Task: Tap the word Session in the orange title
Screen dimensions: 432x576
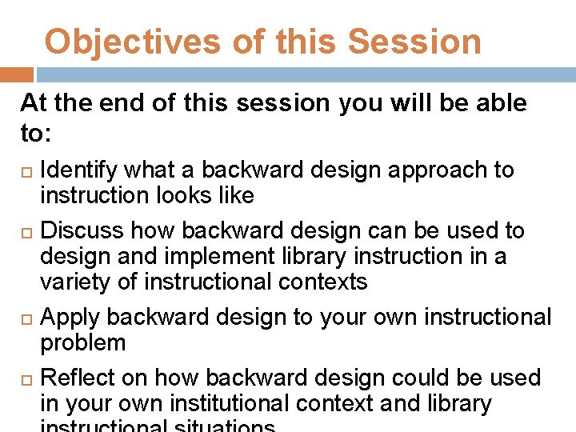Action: click(x=414, y=42)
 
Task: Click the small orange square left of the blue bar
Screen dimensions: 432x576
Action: click(x=16, y=74)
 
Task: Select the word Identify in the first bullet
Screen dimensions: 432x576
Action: click(x=77, y=170)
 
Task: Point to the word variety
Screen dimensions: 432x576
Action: click(x=74, y=282)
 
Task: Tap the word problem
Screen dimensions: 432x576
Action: click(x=83, y=343)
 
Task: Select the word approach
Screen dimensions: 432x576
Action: click(x=450, y=170)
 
